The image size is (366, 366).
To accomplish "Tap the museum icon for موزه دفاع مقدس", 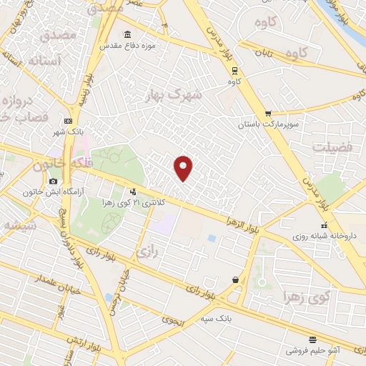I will pyautogui.click(x=127, y=36).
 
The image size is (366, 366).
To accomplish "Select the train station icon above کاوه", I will pyautogui.click(x=234, y=70).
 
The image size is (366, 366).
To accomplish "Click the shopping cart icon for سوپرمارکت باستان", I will pyautogui.click(x=268, y=113).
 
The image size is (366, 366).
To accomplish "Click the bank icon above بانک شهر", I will pyautogui.click(x=68, y=121).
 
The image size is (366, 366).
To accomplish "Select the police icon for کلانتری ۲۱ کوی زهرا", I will pyautogui.click(x=132, y=192).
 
